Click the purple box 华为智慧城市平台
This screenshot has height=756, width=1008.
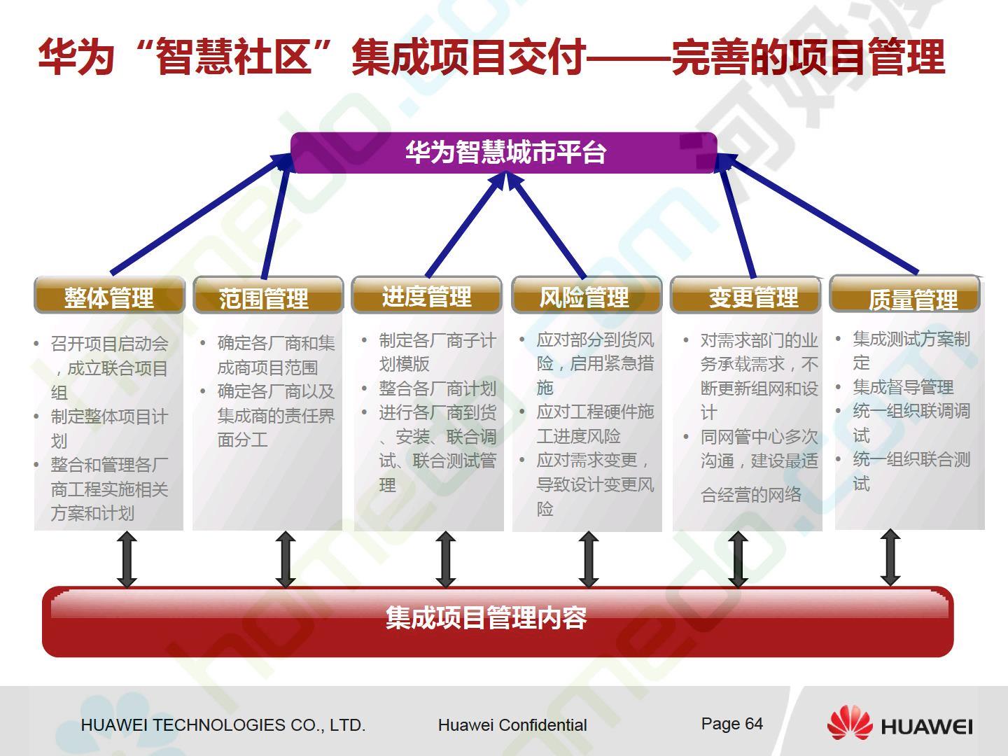504,153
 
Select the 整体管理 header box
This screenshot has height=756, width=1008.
109,295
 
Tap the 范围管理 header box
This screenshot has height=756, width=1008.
268,295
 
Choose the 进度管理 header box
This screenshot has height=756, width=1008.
426,295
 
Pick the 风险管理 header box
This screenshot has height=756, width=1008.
587,295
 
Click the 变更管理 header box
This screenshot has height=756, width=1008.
745,295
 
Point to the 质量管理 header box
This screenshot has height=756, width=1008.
904,294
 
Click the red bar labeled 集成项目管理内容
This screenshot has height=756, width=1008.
498,622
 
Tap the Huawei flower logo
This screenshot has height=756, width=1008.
850,723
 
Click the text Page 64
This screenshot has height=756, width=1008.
731,724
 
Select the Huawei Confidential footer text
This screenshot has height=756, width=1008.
512,724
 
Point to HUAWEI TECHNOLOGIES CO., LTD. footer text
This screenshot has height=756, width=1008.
223,724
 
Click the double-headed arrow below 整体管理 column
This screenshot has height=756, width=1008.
127,559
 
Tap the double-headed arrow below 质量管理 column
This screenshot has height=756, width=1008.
890,557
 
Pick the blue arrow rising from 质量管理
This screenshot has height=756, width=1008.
817,213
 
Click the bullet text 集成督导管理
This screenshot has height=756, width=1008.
903,387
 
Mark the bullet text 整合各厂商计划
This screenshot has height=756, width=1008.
437,388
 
